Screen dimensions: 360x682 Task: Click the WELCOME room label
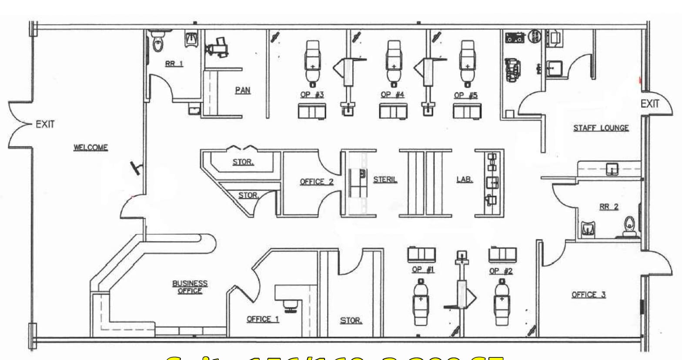click(x=90, y=147)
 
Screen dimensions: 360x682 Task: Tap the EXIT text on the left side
click(x=45, y=124)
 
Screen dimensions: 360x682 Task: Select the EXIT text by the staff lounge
click(x=650, y=104)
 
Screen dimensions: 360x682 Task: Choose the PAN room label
click(x=243, y=90)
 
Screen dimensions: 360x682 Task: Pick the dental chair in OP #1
click(x=421, y=301)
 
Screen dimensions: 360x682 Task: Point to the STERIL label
click(x=385, y=179)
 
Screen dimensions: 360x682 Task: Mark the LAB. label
click(x=465, y=179)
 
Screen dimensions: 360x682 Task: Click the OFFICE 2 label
click(x=317, y=182)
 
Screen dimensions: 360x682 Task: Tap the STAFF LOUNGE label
click(x=601, y=128)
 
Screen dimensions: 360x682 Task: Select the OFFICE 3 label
click(x=588, y=295)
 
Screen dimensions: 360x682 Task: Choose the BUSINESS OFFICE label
click(x=190, y=287)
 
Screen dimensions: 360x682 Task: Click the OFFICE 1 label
click(x=263, y=319)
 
